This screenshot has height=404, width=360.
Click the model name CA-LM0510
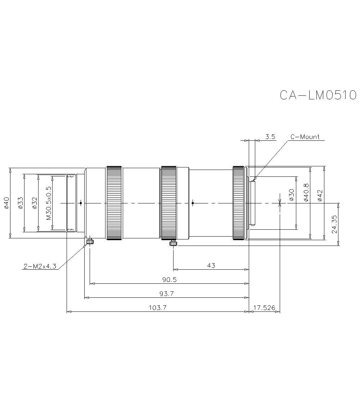click(x=318, y=95)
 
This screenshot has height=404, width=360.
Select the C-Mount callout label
click(x=305, y=137)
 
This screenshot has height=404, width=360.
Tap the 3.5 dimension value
click(x=270, y=137)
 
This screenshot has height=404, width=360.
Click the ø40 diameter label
click(x=6, y=203)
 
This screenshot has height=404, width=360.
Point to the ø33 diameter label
click(x=21, y=203)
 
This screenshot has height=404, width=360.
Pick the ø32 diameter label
click(x=34, y=203)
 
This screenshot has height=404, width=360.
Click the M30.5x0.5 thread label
click(x=49, y=203)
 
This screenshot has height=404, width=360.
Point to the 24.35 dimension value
click(x=334, y=224)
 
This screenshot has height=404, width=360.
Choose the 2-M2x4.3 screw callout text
click(x=40, y=267)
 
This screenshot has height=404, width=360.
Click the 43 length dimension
click(x=211, y=266)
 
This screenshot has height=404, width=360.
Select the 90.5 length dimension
click(x=170, y=280)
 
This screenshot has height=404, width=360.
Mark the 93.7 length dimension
click(x=167, y=294)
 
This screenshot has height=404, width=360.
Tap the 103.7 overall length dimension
click(x=157, y=308)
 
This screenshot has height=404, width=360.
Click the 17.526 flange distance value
click(x=264, y=308)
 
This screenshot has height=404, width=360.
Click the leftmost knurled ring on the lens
click(x=114, y=203)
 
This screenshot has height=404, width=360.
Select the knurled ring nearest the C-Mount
click(x=238, y=203)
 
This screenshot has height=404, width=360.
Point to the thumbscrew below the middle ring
click(x=173, y=243)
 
